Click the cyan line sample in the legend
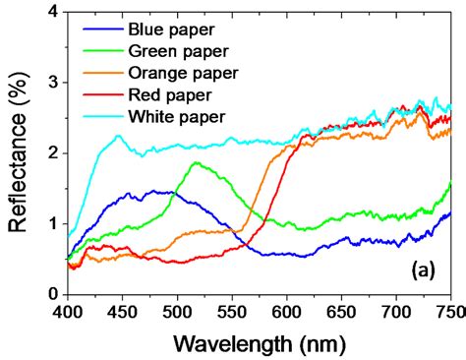[102, 116]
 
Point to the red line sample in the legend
[102, 94]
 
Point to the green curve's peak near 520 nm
[196, 163]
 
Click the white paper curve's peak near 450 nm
[119, 136]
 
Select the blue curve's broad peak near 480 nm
[157, 191]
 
